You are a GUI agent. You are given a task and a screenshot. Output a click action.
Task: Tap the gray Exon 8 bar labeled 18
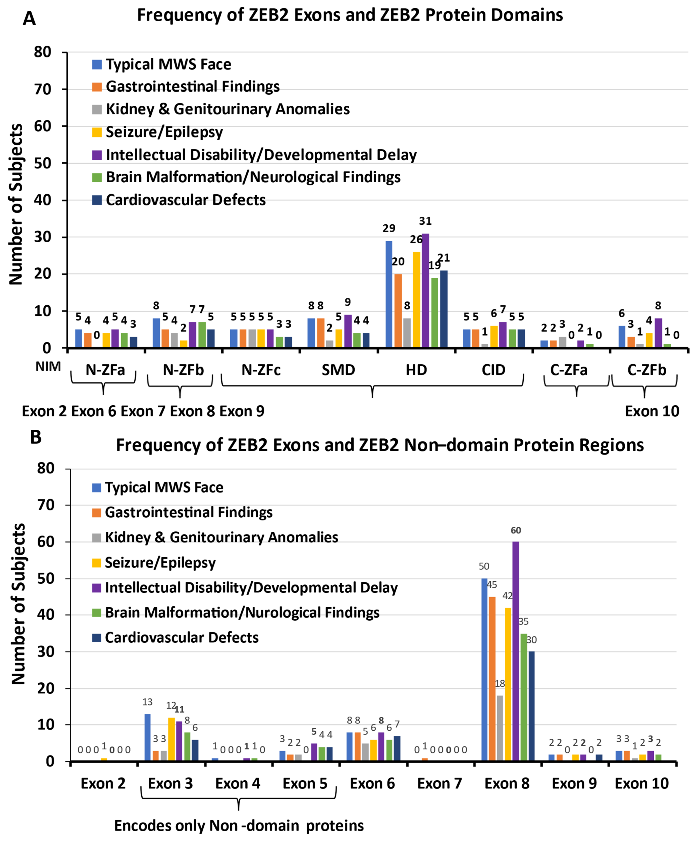pos(500,728)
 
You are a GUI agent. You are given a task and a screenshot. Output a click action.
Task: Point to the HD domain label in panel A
pos(416,370)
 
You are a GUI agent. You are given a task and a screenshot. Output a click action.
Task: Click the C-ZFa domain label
pos(568,370)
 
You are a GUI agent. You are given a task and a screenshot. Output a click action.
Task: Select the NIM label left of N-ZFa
pos(48,366)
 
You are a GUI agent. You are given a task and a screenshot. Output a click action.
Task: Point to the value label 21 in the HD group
pos(444,258)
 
